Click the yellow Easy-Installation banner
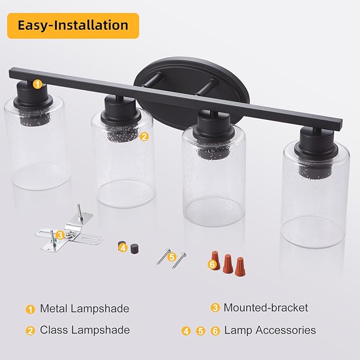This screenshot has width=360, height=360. tap(73, 25)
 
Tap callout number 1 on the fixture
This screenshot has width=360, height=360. tap(38, 84)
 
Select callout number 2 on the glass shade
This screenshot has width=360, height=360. tap(144, 137)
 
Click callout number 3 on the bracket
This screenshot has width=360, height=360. tap(60, 235)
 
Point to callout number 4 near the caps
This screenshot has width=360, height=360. tap(123, 248)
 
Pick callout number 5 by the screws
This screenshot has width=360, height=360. tap(172, 257)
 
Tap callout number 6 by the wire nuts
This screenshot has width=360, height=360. tap(213, 264)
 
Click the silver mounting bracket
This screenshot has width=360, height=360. tap(69, 230)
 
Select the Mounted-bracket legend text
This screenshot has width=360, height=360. tap(266, 308)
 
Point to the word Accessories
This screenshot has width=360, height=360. tap(286, 330)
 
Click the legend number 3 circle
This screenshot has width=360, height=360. tap(215, 308)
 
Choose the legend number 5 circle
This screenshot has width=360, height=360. tap(200, 331)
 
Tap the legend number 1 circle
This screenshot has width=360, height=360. tap(30, 309)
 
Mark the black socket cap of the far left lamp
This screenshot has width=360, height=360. tap(33, 98)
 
